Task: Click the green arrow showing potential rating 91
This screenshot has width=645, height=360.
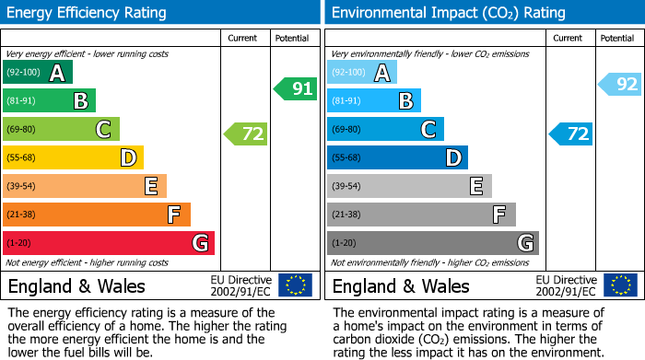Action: coord(296,89)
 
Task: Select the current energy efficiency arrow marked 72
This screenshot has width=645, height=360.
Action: coord(246,134)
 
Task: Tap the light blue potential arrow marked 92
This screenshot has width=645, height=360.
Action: coord(620,85)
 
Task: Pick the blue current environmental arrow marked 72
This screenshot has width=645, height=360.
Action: coord(571,134)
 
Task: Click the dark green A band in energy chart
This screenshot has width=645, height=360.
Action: coord(38,73)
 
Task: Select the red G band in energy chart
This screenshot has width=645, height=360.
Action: coord(109,244)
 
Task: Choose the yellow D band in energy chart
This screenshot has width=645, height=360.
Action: coord(74,158)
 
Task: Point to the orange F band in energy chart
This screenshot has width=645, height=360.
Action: coord(97,215)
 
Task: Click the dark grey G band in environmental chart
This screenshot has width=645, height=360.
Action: coord(432,244)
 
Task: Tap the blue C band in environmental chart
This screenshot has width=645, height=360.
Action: coord(385,130)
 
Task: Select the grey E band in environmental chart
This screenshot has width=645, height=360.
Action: coord(409,187)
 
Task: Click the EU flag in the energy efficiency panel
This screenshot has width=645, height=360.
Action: coord(295,285)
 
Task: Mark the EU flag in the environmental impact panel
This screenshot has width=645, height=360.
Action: coord(619,285)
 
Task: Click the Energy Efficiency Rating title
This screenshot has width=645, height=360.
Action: coord(88,13)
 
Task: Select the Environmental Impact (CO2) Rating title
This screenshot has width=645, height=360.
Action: coord(448,13)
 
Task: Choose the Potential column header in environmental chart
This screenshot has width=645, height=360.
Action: coord(617,38)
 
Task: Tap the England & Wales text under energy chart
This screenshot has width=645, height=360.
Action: coord(76,285)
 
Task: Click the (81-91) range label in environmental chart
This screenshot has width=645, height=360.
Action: coord(346,101)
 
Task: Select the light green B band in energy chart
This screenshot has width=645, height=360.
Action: coord(50,101)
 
